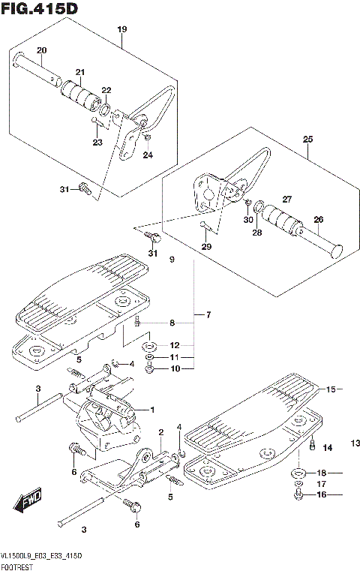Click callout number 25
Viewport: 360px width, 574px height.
point(307,140)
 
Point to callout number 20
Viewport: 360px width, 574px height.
point(42,50)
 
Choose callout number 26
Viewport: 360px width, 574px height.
point(318,219)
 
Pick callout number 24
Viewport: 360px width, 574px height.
point(148,155)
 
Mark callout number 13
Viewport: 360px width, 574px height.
point(353,444)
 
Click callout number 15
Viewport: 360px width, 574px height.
point(328,389)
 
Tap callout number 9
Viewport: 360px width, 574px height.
point(171,260)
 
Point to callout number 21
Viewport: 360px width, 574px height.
point(79,72)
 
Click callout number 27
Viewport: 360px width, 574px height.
point(286,199)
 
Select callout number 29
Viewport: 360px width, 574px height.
point(207,246)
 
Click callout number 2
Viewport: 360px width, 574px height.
point(160,432)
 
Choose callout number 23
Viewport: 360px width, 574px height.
point(97,142)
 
